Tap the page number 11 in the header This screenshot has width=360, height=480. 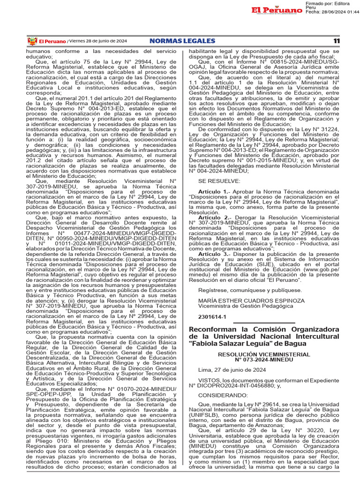[336, 41]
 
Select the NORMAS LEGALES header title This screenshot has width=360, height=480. [182, 41]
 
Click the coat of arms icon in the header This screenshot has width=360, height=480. [32, 41]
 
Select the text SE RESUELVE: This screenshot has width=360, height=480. [213, 181]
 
